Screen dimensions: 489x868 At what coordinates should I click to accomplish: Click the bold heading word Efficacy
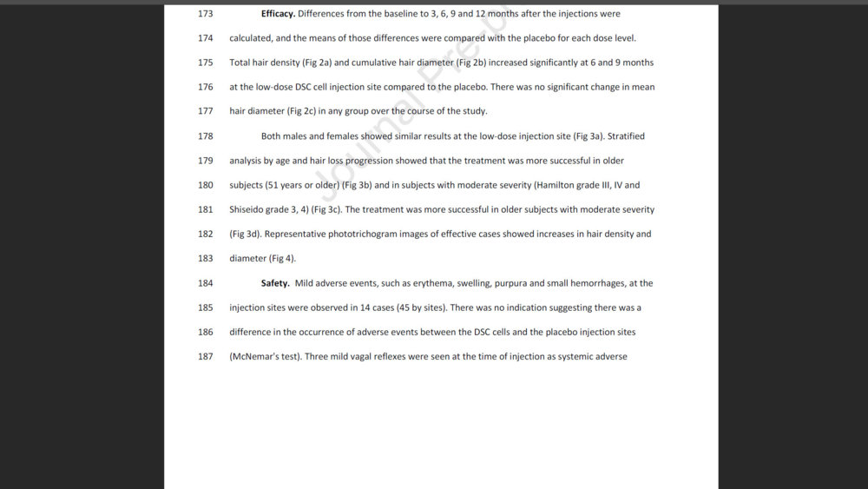click(x=278, y=14)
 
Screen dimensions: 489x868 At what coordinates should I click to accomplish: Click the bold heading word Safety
click(x=275, y=283)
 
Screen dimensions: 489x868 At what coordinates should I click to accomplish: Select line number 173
click(x=205, y=14)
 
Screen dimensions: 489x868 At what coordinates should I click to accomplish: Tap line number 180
click(x=205, y=185)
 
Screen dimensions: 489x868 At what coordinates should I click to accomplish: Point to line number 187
click(x=205, y=356)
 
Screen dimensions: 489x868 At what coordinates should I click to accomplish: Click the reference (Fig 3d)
click(x=246, y=234)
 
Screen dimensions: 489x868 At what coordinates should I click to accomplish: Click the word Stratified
click(x=626, y=136)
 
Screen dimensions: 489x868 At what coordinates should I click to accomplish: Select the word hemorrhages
click(x=597, y=283)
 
